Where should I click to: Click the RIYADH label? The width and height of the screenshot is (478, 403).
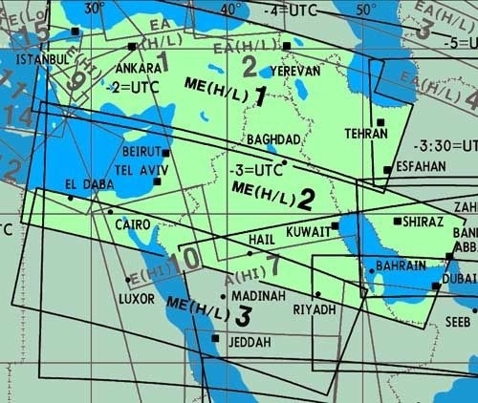pos(315,309)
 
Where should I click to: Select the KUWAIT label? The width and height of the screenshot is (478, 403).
pos(308,231)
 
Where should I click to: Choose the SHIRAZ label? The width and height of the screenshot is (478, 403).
pos(424,221)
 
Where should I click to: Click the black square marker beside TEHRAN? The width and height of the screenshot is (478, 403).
pos(380,123)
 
